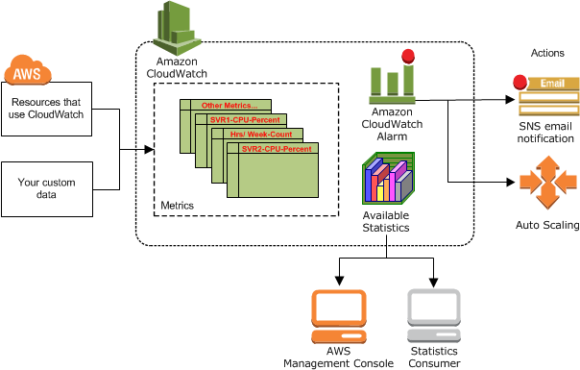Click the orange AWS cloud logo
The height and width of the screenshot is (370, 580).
pos(29,72)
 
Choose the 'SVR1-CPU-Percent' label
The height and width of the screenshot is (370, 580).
pos(245,120)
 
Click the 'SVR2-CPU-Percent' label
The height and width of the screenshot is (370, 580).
pos(276,150)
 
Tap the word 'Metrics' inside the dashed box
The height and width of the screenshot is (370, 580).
pos(177,206)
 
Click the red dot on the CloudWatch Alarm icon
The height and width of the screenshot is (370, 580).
pos(408,56)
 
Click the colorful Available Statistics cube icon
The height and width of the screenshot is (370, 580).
pos(386,180)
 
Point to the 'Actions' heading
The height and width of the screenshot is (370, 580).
pos(546,52)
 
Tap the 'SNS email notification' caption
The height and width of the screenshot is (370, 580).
pos(545,133)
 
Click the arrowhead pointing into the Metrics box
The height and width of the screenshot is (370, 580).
pos(149,150)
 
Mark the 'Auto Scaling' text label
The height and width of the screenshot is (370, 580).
pos(546,226)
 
